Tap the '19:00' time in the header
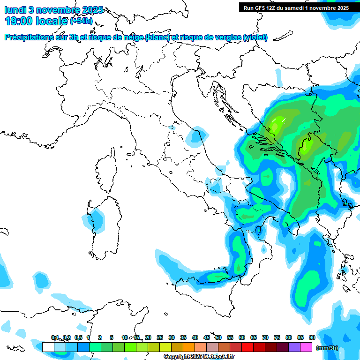point(18,21)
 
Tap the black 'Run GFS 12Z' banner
point(295,7)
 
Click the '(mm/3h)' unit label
point(327,347)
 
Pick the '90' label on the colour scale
point(312,337)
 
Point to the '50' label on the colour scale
point(218,337)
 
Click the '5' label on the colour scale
point(112,337)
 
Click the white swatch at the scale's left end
point(48,347)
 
